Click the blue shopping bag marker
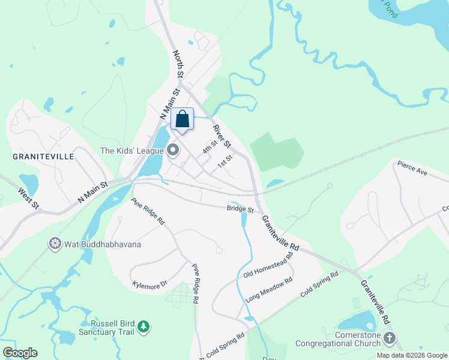182,119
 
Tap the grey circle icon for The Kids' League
173,150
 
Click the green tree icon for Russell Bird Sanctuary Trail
143,326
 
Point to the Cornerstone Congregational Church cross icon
390,338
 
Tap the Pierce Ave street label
412,167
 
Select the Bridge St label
240,209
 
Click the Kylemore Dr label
149,286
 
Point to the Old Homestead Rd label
268,265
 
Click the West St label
28,199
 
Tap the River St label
221,136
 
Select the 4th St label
209,147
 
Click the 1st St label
224,162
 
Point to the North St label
178,64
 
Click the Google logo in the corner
19,353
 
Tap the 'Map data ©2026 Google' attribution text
412,355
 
